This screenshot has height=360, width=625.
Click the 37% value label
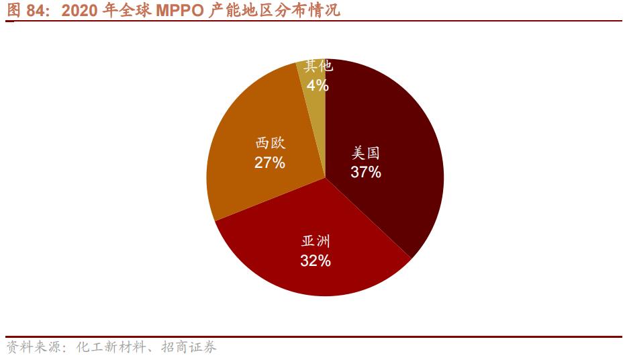366,173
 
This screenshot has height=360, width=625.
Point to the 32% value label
316,261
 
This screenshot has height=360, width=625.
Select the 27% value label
270,163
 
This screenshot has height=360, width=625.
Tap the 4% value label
318,85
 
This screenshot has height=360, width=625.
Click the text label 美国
366,153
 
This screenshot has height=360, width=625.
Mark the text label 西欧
270,143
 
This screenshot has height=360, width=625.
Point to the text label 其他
318,66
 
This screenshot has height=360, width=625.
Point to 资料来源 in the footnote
31,348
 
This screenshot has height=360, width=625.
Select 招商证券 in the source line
189,348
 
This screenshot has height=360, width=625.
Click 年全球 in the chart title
126,11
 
